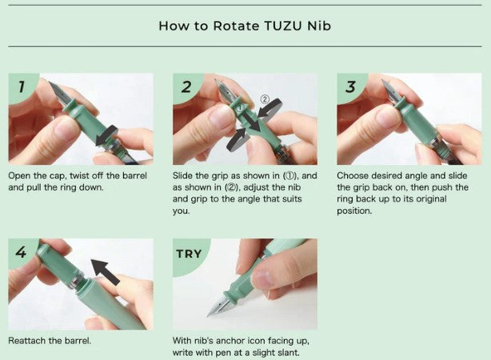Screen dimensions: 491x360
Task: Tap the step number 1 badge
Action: click(22, 86)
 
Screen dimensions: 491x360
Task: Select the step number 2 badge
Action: click(186, 86)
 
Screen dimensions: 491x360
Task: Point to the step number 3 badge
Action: click(351, 86)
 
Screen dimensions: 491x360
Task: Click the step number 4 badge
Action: click(21, 252)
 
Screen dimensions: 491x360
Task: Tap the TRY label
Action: click(189, 254)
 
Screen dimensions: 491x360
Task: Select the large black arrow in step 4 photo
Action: click(106, 271)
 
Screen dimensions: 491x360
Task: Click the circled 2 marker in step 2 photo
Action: click(265, 99)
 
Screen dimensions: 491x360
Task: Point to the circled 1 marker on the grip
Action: click(240, 108)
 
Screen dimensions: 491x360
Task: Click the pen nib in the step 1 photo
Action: click(58, 94)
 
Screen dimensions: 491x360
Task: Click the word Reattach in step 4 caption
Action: click(26, 341)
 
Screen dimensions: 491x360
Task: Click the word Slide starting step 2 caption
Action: click(182, 175)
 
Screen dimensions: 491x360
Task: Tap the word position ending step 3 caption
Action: click(354, 211)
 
